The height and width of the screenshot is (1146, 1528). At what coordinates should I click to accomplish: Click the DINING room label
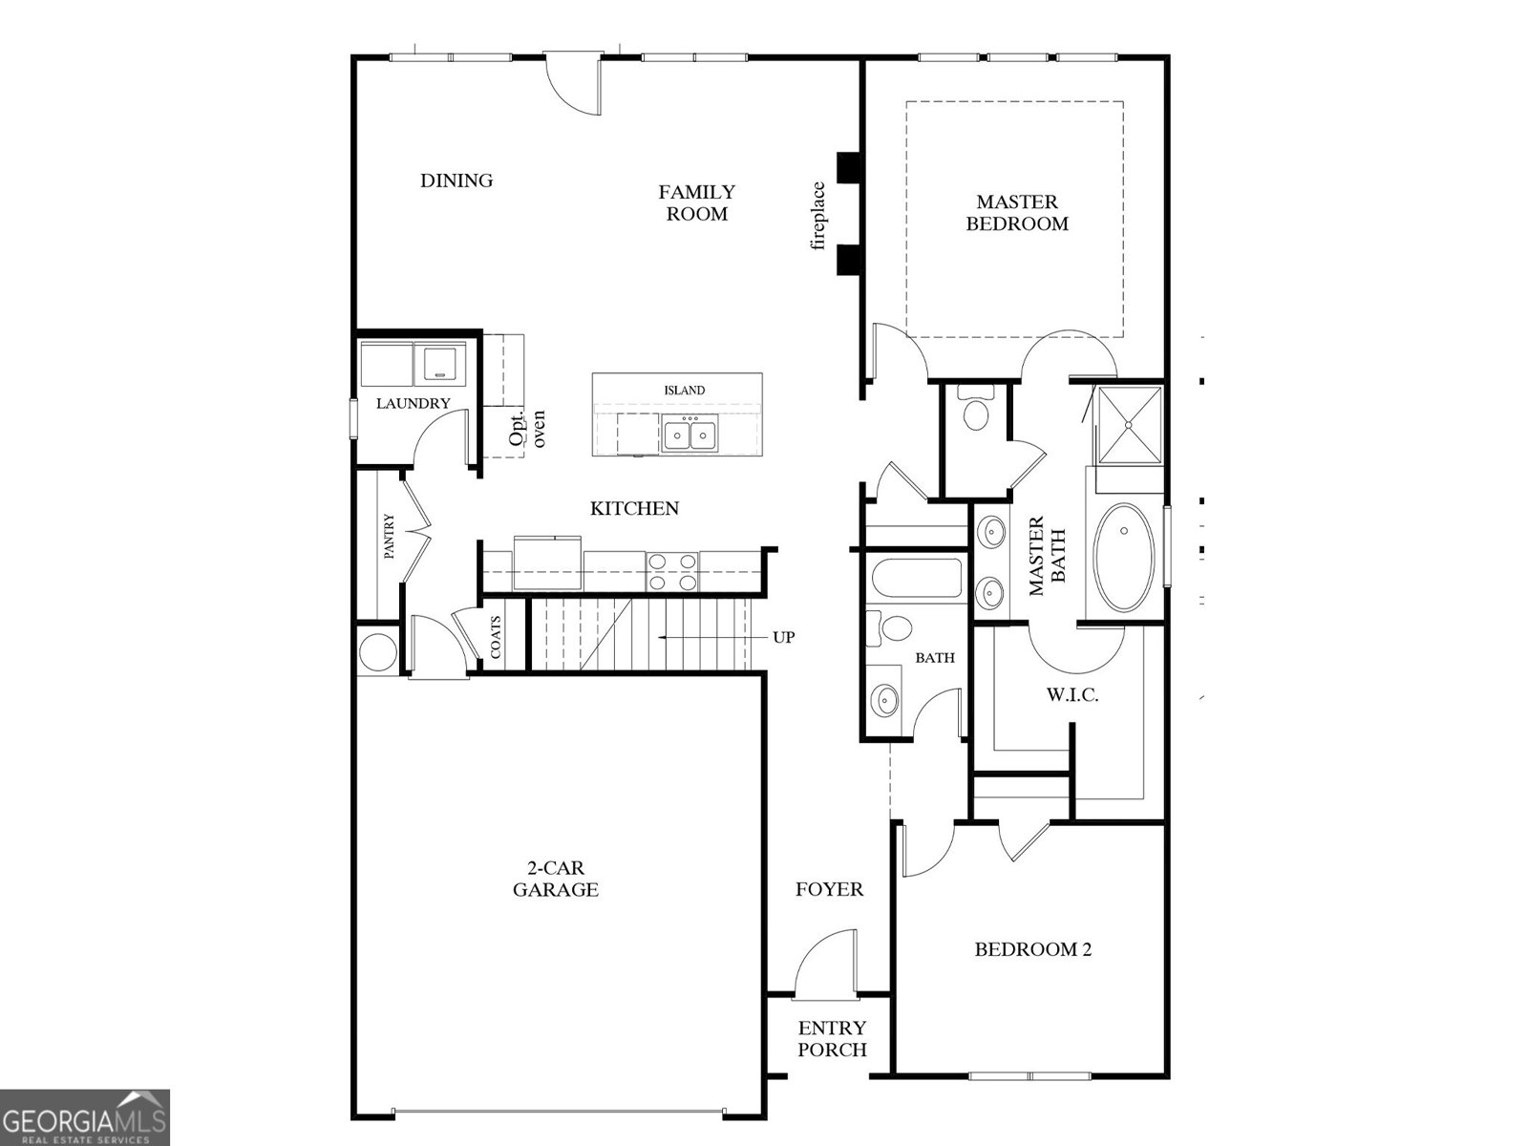pos(456,180)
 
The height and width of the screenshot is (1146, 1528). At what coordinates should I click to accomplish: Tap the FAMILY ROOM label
pos(696,202)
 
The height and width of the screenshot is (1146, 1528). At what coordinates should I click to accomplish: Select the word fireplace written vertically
pos(817,216)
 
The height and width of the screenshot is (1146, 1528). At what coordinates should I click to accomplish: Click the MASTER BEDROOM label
pos(1017,212)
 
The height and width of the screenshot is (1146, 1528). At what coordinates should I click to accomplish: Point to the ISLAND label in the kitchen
pos(685,390)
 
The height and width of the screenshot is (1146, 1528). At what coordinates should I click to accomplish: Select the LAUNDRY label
pos(413,403)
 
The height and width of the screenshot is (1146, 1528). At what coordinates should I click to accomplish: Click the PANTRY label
pos(390,537)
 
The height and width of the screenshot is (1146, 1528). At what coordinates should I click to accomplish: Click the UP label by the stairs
pos(783,637)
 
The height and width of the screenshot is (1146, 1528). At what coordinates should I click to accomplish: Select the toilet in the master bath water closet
pos(976,412)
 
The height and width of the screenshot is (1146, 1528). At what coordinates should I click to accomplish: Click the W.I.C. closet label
pos(1072,695)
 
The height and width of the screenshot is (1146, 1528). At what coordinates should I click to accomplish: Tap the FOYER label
pos(829,889)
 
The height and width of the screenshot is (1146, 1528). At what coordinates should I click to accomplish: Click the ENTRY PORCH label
pos(832,1038)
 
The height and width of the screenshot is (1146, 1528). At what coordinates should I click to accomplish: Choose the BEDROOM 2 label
pos(1032,949)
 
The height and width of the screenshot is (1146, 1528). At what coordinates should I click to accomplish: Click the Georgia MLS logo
pos(85,1116)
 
